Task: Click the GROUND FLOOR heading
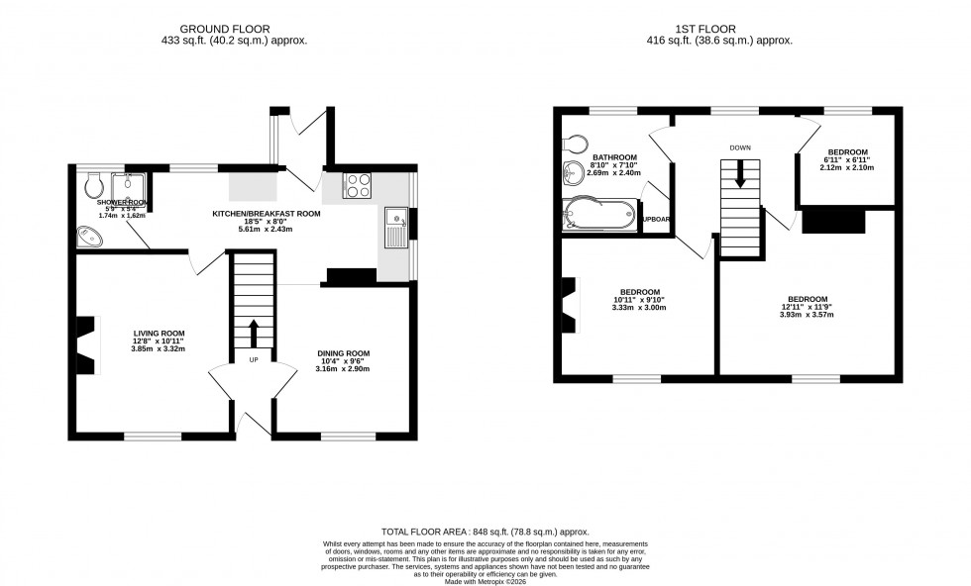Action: click(234, 28)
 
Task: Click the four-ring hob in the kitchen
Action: click(357, 184)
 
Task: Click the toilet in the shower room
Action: click(95, 185)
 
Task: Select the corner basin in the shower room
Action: click(88, 237)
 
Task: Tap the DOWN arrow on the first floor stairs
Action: click(739, 174)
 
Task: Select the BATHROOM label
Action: click(614, 158)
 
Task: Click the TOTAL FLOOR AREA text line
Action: click(485, 531)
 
